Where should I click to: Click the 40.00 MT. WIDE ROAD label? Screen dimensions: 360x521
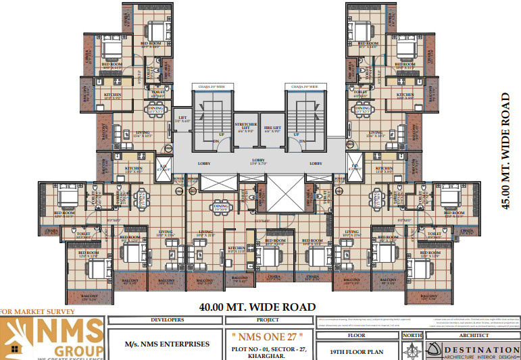pyautogui.click(x=257, y=307)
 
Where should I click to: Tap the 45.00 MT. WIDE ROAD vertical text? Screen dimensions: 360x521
pyautogui.click(x=505, y=151)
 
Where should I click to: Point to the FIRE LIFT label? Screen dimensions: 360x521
pyautogui.click(x=272, y=128)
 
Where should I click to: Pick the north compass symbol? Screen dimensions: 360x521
pyautogui.click(x=412, y=350)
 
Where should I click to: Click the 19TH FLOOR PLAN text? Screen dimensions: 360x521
pyautogui.click(x=357, y=352)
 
